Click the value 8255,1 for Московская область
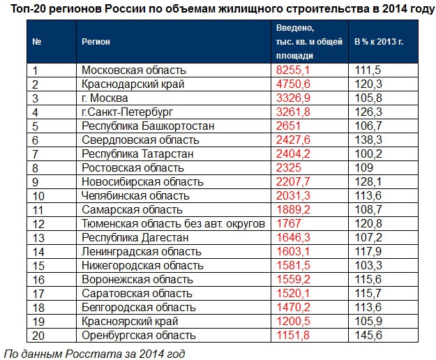(292, 70)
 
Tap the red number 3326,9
(292, 98)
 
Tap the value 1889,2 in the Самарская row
(292, 210)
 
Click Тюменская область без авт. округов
(174, 224)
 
